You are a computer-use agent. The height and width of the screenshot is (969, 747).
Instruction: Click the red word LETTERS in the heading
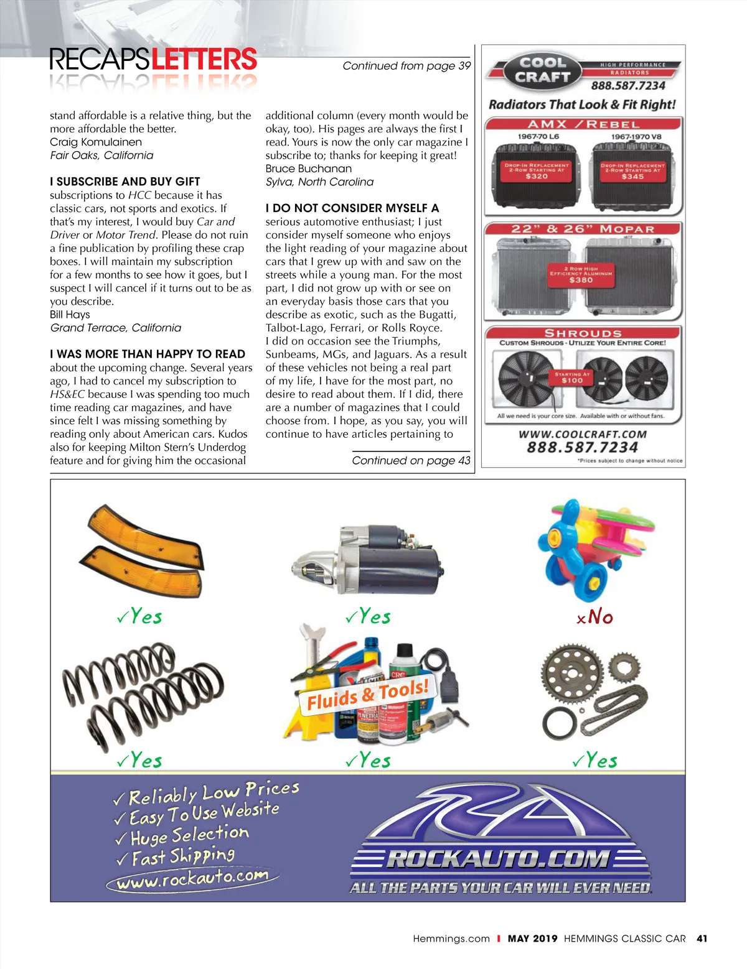[x=204, y=60]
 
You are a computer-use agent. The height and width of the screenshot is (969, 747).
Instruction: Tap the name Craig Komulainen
[x=96, y=142]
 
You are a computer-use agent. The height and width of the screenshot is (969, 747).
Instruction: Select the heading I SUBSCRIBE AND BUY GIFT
[x=125, y=182]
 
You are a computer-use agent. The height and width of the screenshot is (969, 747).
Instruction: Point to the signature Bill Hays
[x=70, y=315]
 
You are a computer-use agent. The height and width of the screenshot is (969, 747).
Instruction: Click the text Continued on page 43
[x=411, y=460]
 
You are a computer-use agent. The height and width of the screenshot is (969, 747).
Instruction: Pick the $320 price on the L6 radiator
[x=537, y=177]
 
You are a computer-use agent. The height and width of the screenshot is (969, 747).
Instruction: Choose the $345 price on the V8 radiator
[x=632, y=177]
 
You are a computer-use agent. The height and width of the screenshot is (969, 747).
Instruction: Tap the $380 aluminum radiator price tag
[x=581, y=280]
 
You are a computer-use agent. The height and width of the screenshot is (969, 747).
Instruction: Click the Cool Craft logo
[x=542, y=70]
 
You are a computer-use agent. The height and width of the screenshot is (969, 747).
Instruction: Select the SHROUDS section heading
[x=583, y=333]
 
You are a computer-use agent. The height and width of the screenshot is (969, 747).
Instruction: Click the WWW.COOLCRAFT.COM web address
[x=583, y=434]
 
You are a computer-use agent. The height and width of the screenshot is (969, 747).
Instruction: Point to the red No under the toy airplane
[x=596, y=617]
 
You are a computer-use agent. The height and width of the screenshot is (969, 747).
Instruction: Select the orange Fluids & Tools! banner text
[x=368, y=695]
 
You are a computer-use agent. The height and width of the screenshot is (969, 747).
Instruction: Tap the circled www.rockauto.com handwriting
[x=192, y=879]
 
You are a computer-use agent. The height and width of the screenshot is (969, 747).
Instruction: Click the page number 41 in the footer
[x=702, y=939]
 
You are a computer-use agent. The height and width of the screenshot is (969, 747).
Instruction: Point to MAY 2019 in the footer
[x=532, y=939]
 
